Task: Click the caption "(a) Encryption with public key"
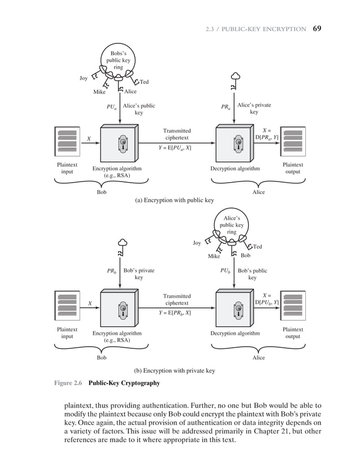pos(174,200)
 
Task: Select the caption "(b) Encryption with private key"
pos(174,370)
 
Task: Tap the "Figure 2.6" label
pos(68,383)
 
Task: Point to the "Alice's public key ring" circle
pos(231,224)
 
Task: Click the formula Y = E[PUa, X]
pos(174,148)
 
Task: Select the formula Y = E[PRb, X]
pos(174,312)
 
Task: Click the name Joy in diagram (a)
pos(83,79)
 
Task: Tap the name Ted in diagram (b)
pos(257,246)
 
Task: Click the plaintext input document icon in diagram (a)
pos(67,141)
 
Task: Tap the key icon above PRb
pos(120,248)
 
